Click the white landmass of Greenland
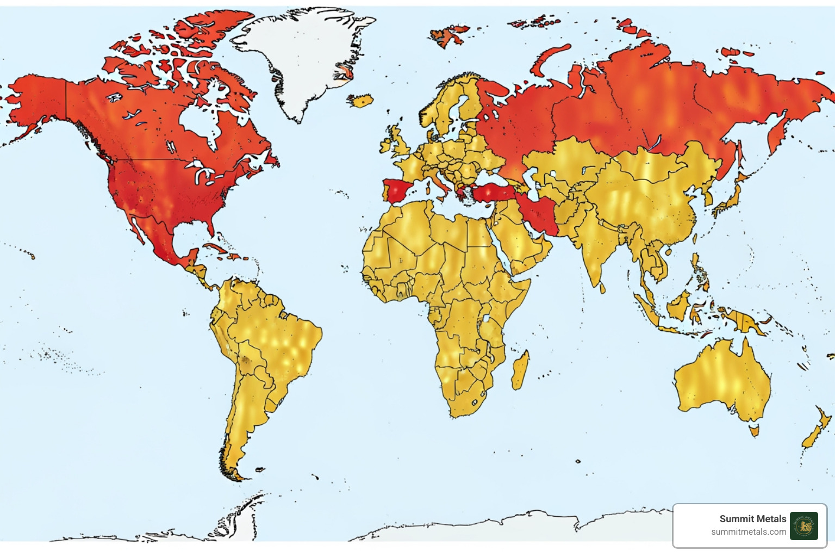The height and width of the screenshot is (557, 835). pyautogui.click(x=299, y=54)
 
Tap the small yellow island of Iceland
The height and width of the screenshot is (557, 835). pyautogui.click(x=360, y=101)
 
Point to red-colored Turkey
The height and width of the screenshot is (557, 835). pyautogui.click(x=492, y=192)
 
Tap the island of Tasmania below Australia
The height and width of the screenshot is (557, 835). pyautogui.click(x=754, y=431)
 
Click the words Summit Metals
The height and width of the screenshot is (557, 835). pyautogui.click(x=752, y=519)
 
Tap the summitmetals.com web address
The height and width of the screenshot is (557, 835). pyautogui.click(x=749, y=532)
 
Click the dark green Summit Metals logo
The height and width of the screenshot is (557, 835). pyautogui.click(x=803, y=526)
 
